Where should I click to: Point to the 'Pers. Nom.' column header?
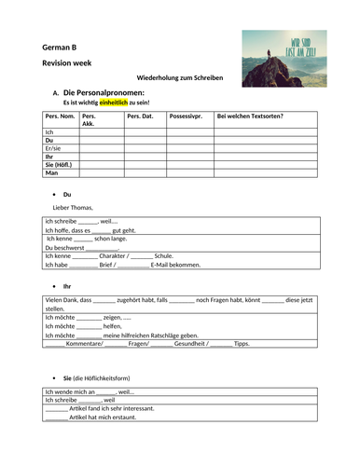pyautogui.click(x=61, y=116)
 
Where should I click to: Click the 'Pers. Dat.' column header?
pyautogui.click(x=141, y=116)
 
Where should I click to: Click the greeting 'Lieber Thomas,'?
pyautogui.click(x=74, y=208)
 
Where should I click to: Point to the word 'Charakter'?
pyautogui.click(x=114, y=255)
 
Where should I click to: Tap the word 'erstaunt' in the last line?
pyautogui.click(x=121, y=418)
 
